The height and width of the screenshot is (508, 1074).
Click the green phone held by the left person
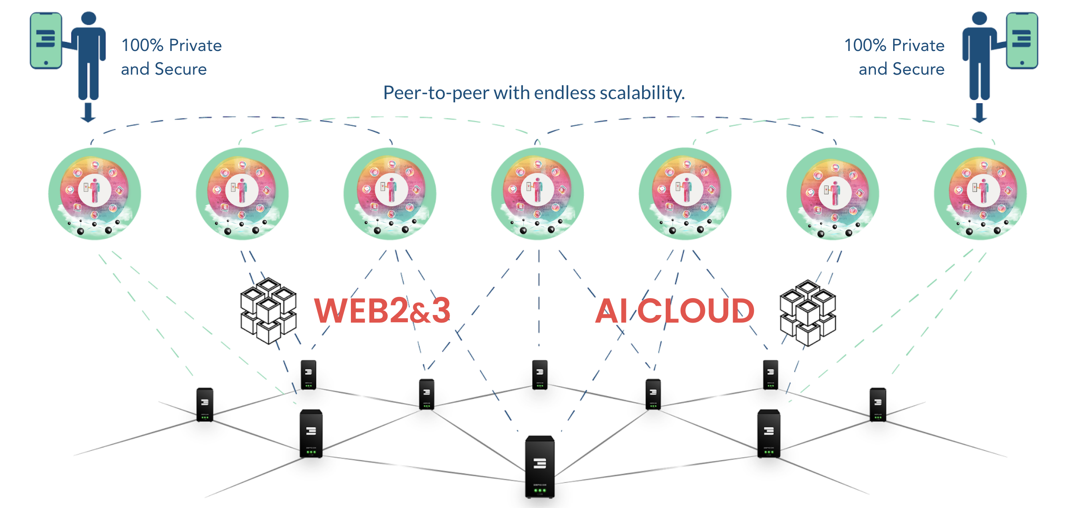46,40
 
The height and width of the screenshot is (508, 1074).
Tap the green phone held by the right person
1021,40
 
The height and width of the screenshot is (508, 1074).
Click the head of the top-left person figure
89,19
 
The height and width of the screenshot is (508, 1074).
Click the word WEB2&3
382,311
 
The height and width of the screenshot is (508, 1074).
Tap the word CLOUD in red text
696,311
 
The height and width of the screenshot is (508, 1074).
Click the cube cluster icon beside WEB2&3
269,311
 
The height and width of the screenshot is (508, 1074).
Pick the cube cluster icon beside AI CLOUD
808,313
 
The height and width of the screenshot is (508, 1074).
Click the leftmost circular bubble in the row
95,193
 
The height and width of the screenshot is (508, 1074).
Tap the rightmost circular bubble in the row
980,193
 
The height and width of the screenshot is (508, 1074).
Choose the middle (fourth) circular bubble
537,193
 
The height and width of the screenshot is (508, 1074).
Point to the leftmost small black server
205,404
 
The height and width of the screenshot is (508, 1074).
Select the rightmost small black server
877,404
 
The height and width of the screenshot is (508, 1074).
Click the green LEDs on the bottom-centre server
540,490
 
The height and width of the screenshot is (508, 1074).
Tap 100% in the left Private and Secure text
142,45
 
